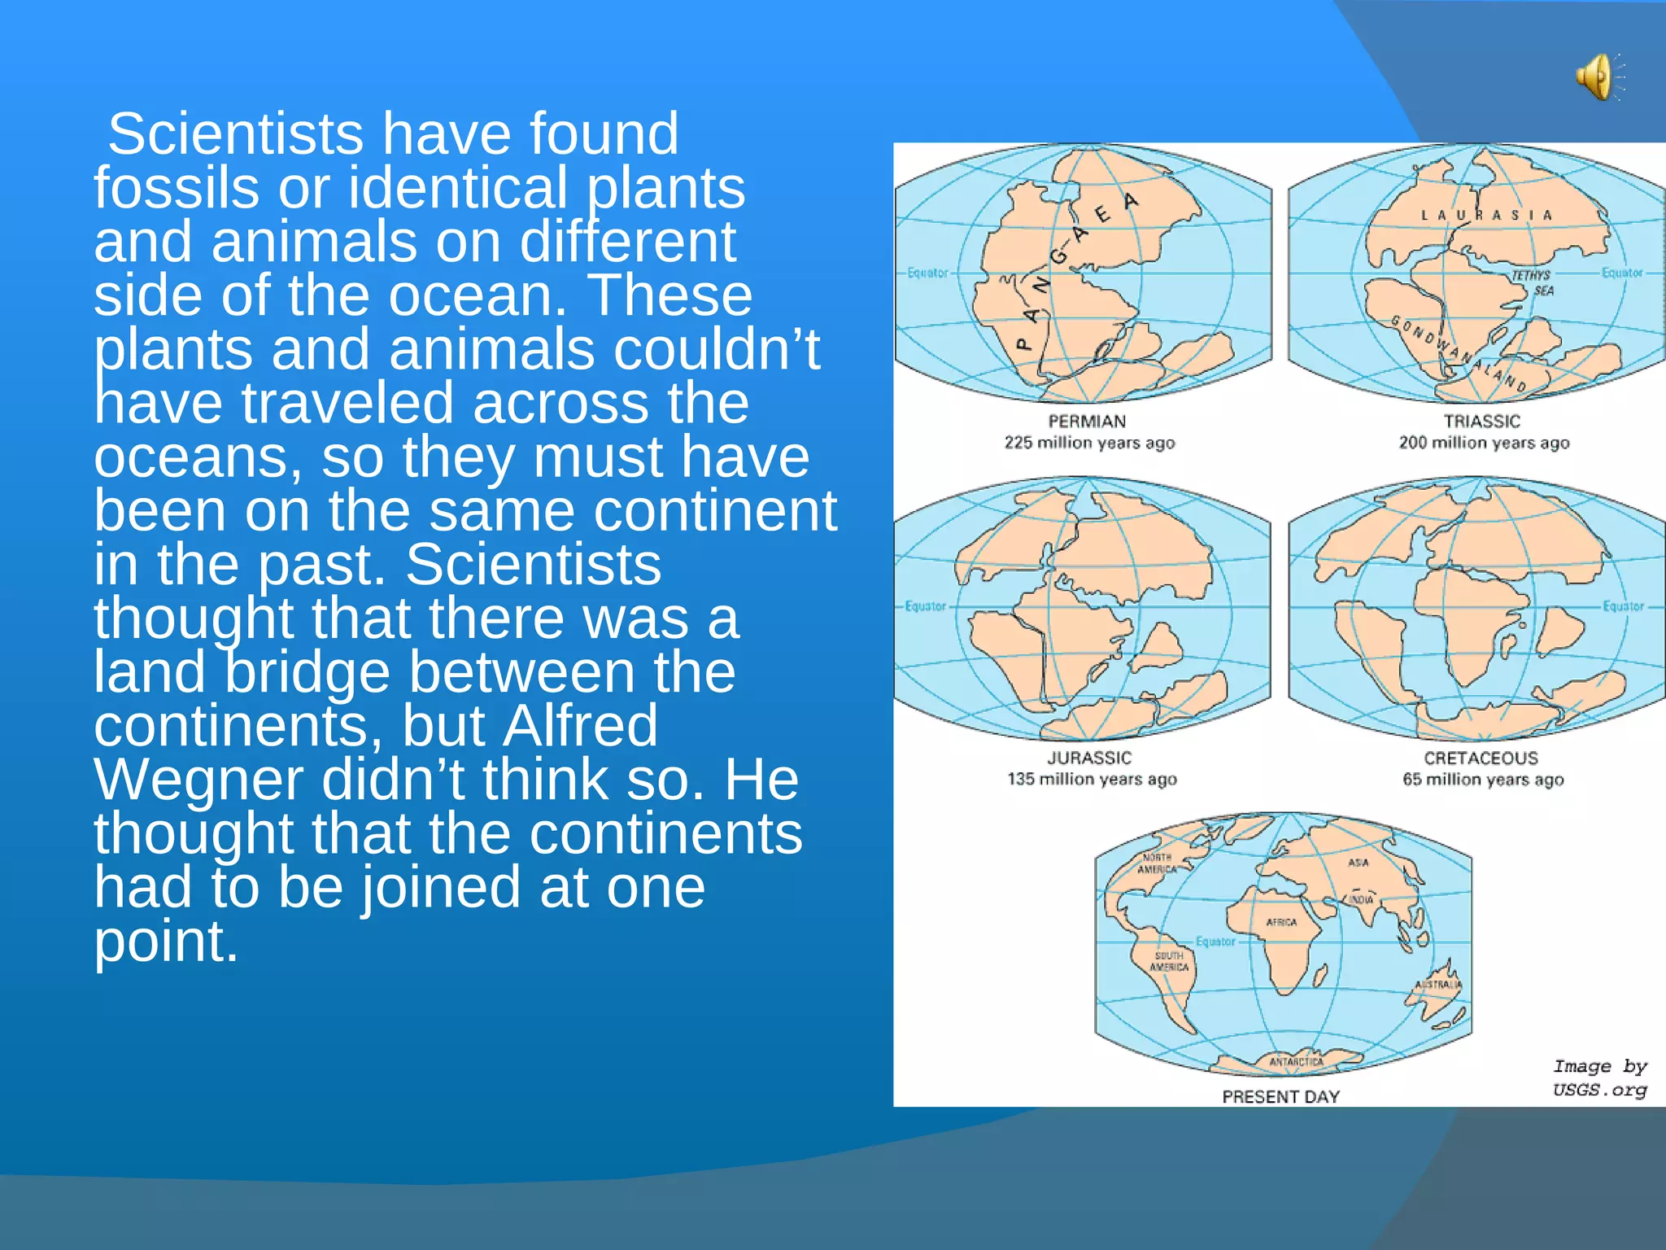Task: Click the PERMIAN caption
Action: tap(1087, 422)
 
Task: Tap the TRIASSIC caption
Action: tap(1481, 422)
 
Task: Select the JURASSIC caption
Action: tap(1089, 758)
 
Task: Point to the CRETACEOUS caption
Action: tap(1481, 758)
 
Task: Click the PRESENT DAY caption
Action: tap(1280, 1097)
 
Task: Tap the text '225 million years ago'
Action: tap(1089, 444)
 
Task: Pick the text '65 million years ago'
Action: tap(1483, 780)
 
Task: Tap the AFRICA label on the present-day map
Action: tap(1281, 922)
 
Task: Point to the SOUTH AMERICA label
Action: tap(1169, 961)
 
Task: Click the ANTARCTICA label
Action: tap(1297, 1062)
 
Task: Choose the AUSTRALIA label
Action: tap(1438, 985)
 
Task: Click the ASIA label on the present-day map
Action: tap(1359, 863)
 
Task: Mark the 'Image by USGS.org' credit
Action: tap(1599, 1078)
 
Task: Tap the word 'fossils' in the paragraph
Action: tap(177, 188)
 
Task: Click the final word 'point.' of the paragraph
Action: tap(166, 942)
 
